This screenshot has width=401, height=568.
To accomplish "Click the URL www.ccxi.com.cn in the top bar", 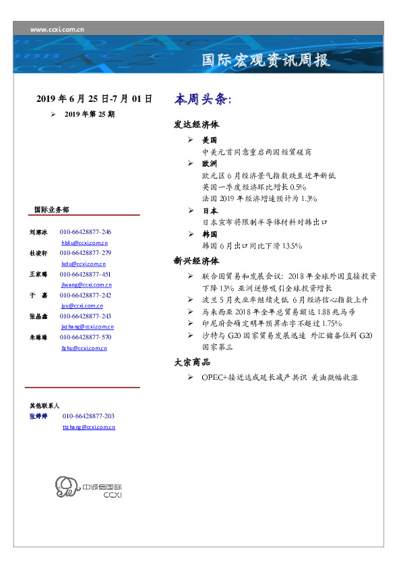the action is tap(57, 29).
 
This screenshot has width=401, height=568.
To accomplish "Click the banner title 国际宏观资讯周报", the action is tap(266, 60).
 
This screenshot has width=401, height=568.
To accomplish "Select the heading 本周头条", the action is tap(202, 99).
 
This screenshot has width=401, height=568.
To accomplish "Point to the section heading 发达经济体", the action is tap(196, 125).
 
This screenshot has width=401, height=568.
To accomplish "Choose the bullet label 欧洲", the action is tap(210, 164).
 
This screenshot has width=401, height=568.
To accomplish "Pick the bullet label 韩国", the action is tap(210, 234).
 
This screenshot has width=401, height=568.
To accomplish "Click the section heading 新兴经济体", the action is tap(196, 260).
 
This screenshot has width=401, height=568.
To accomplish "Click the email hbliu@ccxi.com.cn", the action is tap(85, 242).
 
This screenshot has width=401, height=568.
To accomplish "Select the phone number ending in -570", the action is tap(86, 337).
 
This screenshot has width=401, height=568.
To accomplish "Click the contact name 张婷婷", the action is tap(38, 417).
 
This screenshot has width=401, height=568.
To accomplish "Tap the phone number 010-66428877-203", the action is tap(88, 417).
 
